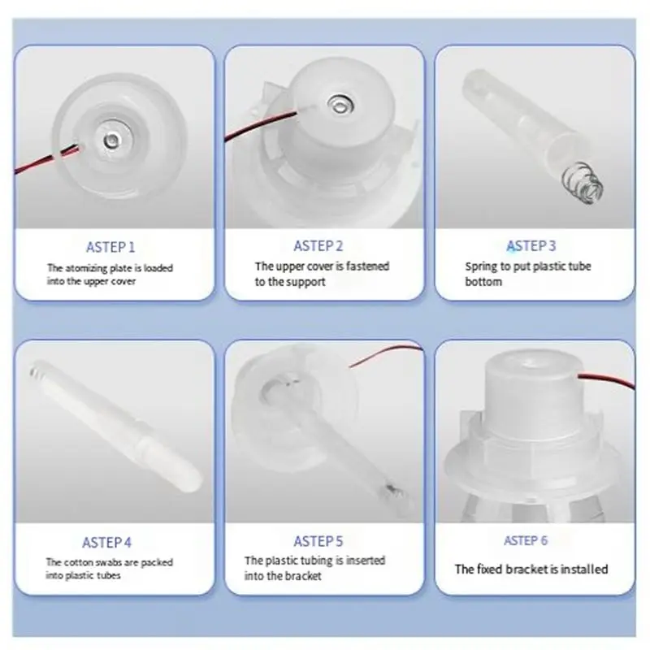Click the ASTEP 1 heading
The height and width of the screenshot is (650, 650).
[110, 247]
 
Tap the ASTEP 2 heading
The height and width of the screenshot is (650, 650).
[318, 246]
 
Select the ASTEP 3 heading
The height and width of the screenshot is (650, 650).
[531, 246]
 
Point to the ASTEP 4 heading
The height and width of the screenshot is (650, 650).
[106, 542]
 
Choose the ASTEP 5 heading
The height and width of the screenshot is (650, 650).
[318, 541]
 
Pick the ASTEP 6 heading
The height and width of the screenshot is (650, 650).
[526, 540]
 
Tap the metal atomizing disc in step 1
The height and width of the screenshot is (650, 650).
[112, 141]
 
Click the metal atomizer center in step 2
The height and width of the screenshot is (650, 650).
[340, 105]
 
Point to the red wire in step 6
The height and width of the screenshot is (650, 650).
[606, 380]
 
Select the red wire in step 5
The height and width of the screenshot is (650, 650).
[385, 354]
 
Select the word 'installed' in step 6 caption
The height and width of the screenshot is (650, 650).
[584, 570]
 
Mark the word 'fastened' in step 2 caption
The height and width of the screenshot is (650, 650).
[367, 266]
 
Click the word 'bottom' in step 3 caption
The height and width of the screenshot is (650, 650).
[483, 282]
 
